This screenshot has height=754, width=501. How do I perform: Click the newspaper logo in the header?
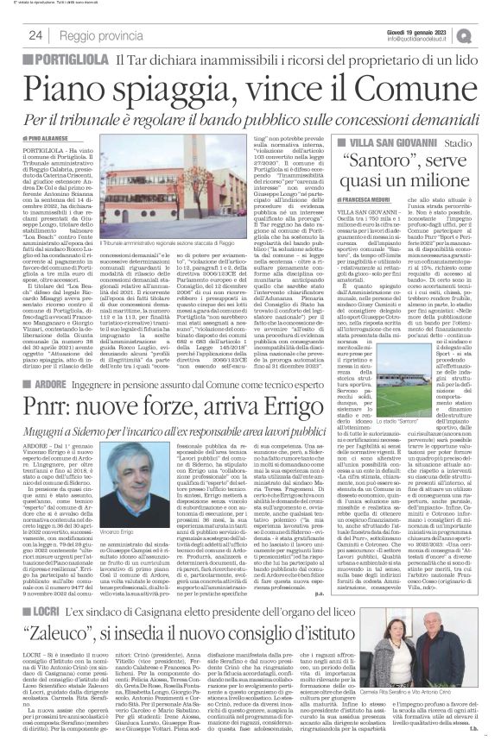[488, 34]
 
